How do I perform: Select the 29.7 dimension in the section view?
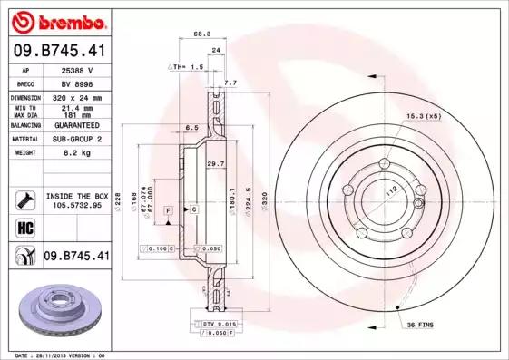(x=215, y=163)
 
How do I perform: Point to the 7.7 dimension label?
(x=230, y=83)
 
